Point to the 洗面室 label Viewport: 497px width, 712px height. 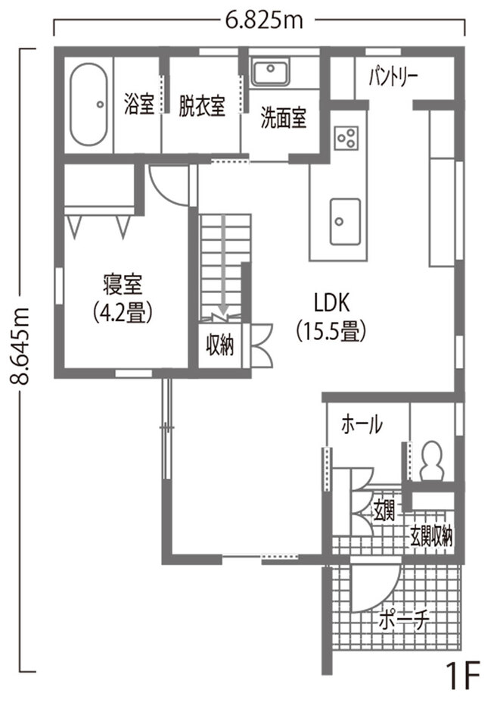point(284,119)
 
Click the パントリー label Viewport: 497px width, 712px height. point(393,77)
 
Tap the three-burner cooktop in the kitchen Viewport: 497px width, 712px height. point(347,136)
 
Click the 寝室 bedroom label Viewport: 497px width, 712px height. point(123,286)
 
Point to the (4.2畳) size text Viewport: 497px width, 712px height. point(123,312)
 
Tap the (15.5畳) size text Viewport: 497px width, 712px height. point(331,331)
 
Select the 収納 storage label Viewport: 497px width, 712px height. point(220,346)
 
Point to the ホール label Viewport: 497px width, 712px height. point(362,425)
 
